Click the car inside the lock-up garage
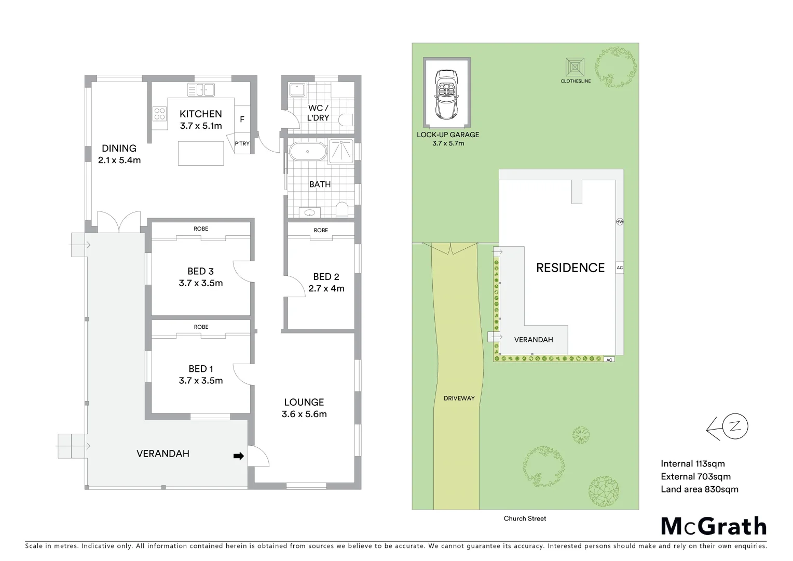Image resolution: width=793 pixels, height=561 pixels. click(447, 94)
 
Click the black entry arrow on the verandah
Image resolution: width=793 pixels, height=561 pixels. click(239, 456)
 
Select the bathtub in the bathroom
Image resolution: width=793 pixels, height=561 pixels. click(307, 152)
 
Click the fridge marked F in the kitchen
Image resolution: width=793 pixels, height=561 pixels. click(242, 119)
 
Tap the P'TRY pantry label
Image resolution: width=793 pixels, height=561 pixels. click(242, 143)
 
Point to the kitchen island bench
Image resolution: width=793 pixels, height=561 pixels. click(201, 153)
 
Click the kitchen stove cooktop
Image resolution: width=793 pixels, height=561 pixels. click(159, 114)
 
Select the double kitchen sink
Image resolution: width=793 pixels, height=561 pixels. click(201, 90)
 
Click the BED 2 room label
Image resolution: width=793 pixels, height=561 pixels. click(326, 277)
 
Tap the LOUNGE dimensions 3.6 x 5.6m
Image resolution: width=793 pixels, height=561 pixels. click(304, 414)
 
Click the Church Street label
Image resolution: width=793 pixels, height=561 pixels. click(525, 518)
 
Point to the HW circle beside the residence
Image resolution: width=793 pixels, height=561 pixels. click(619, 222)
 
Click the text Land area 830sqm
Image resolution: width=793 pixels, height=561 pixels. click(699, 489)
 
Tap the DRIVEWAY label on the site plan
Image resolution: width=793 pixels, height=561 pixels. click(459, 398)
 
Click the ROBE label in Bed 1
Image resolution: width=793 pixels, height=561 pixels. click(201, 327)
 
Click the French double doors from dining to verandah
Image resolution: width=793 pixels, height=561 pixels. click(119, 222)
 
